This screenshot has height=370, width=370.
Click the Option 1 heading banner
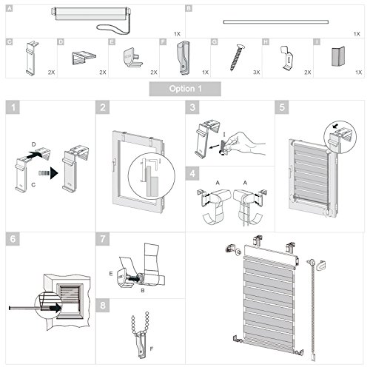[x=184, y=90]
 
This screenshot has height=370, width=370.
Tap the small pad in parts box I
[x=341, y=58]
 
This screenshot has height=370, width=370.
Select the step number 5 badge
[x=283, y=108]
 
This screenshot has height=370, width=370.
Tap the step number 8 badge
[x=102, y=303]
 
